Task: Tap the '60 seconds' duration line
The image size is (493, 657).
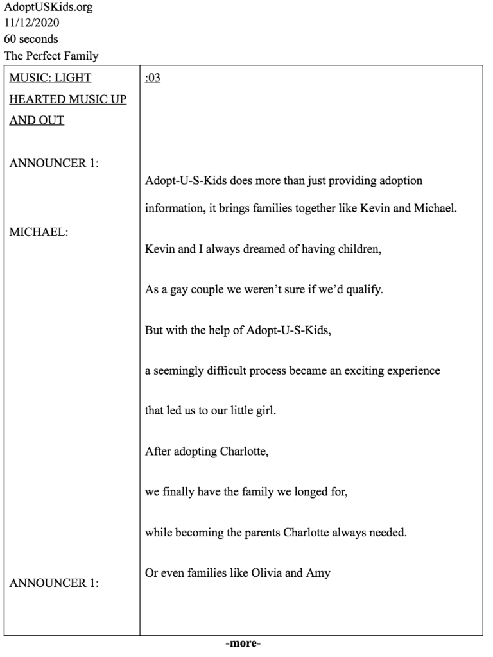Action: [31, 39]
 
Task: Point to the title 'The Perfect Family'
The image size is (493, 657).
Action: [51, 56]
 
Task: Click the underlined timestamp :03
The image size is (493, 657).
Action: [153, 78]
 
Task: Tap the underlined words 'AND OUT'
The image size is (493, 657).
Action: [37, 120]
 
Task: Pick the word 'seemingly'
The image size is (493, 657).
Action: [177, 371]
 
